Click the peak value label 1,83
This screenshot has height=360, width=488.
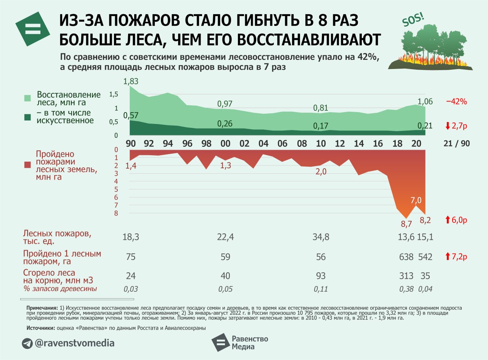[130, 81]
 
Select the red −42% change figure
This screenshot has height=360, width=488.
[456, 101]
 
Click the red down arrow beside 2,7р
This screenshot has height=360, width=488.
[448, 125]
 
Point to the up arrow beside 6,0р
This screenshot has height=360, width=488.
[448, 220]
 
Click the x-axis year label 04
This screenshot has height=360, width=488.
[263, 143]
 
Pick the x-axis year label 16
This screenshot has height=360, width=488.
[378, 143]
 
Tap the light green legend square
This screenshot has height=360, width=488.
[27, 98]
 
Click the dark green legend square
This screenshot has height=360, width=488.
[27, 117]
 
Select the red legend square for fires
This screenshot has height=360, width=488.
[27, 165]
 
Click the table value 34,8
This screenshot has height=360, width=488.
[321, 237]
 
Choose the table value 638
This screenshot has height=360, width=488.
[406, 257]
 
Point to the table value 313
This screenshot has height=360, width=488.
[406, 276]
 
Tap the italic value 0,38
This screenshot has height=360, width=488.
[407, 289]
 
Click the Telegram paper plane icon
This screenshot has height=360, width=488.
[27, 343]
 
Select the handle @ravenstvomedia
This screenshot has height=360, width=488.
[74, 343]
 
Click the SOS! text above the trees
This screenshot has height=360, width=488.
[413, 21]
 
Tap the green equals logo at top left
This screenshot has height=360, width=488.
[33, 29]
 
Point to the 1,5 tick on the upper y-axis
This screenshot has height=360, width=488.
[114, 95]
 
